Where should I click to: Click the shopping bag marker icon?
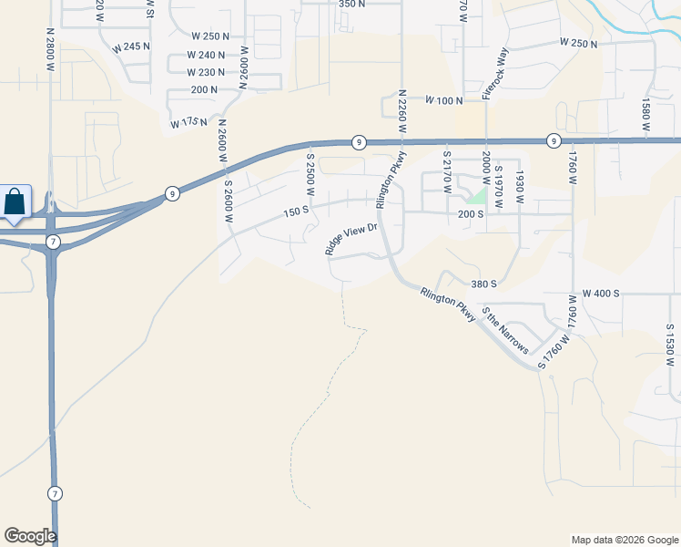pos(15,201)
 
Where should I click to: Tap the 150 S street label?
pos(297,212)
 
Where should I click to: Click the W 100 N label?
pos(443,99)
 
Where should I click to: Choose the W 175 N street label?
pos(188,122)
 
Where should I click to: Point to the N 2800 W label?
pos(51,48)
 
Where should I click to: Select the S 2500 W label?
pos(310,175)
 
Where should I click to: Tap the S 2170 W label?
pos(447,170)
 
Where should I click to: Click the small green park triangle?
pos(475,195)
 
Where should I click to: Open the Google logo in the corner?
pos(30,536)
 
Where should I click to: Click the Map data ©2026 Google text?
pos(624,540)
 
